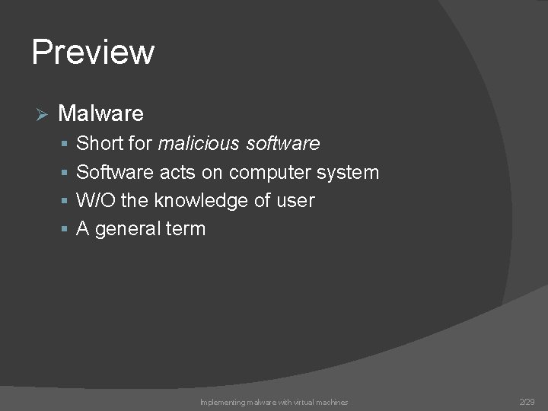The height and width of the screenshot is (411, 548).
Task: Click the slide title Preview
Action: pos(93,52)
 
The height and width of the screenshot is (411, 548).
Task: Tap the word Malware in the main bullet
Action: pos(100,113)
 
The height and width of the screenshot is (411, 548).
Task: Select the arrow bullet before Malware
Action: pos(42,114)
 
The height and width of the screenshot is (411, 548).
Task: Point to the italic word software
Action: pos(282,143)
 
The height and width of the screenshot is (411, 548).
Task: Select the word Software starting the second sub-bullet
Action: pos(115,172)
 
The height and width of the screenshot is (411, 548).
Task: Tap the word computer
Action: pos(269,172)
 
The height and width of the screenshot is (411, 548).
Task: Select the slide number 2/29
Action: pos(527,401)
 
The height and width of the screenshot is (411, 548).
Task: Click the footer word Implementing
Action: pos(221,402)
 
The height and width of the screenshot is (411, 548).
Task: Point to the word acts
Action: pos(177,172)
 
